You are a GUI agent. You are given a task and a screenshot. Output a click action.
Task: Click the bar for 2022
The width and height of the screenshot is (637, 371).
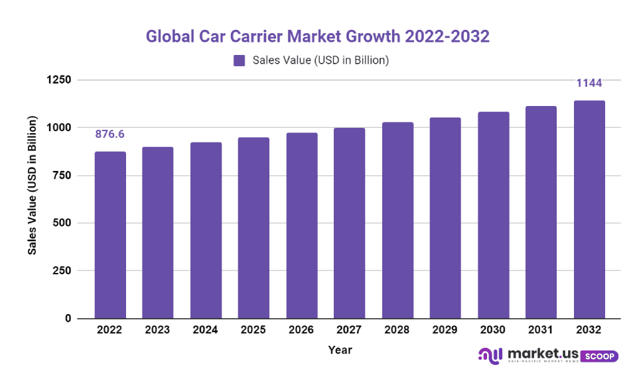[x=110, y=235]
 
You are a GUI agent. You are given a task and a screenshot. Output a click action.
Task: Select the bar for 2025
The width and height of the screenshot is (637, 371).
[x=253, y=228]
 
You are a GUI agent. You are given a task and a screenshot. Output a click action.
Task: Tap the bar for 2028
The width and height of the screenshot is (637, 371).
[x=397, y=221]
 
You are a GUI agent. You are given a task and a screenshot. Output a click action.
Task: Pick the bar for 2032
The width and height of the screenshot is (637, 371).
[x=589, y=209]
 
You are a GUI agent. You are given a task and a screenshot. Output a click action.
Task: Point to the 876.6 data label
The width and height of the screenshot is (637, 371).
[x=110, y=134]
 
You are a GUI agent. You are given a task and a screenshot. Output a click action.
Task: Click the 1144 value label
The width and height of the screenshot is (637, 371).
[x=589, y=83]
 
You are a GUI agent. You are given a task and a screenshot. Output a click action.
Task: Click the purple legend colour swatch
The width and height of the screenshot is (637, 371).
[x=240, y=61]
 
